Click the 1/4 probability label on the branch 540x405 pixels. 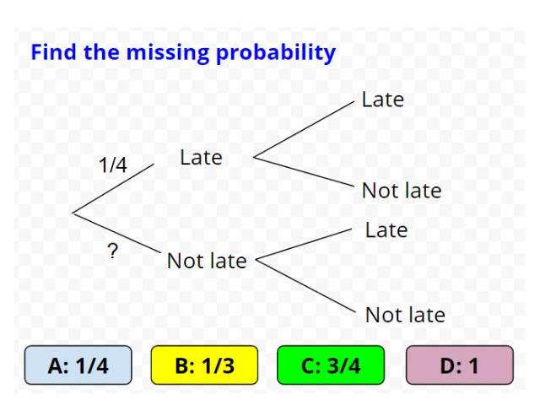pyautogui.click(x=112, y=165)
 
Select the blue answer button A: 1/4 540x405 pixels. pyautogui.click(x=78, y=367)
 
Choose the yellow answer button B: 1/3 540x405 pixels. pyautogui.click(x=203, y=367)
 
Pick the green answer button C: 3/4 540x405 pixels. pyautogui.click(x=330, y=367)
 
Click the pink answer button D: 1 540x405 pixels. pyautogui.click(x=459, y=367)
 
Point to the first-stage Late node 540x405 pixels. pyautogui.click(x=201, y=157)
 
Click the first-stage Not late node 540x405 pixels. pyautogui.click(x=207, y=261)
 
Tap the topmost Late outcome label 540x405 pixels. pyautogui.click(x=382, y=100)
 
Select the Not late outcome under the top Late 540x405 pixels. pyautogui.click(x=401, y=191)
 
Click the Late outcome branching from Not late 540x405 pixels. pyautogui.click(x=386, y=229)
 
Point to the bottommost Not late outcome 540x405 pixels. pyautogui.click(x=405, y=316)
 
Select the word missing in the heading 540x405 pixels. pyautogui.click(x=163, y=52)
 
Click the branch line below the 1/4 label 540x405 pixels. pyautogui.click(x=114, y=187)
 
